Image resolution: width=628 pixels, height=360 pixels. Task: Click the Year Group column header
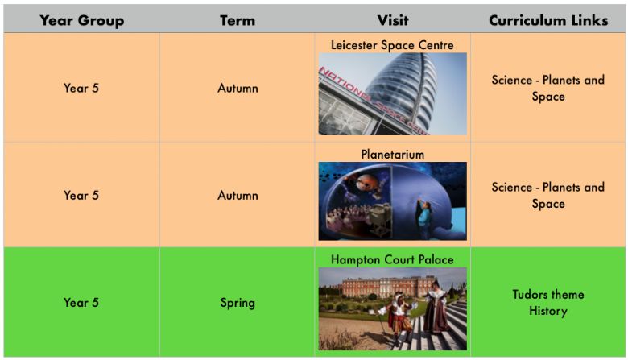tap(81, 20)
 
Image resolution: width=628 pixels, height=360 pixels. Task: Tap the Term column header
tap(238, 20)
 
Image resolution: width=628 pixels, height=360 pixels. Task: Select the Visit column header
tap(393, 20)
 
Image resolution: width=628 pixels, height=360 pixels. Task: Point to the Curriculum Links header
tap(548, 20)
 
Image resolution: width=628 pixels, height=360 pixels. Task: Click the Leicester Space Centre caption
tap(392, 45)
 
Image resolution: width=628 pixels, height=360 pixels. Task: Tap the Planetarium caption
tap(393, 154)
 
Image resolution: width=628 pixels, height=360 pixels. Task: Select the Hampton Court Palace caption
tap(392, 259)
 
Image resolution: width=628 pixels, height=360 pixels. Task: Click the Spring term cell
tap(238, 303)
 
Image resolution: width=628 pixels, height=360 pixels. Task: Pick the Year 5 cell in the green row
tap(81, 302)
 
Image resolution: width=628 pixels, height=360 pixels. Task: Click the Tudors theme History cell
tap(548, 303)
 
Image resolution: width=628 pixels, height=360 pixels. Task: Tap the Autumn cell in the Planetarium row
tap(238, 196)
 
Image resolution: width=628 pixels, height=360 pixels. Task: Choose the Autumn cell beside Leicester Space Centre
tap(238, 88)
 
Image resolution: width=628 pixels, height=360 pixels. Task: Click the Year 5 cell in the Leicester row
tap(81, 88)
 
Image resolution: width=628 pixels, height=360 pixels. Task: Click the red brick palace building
tap(382, 287)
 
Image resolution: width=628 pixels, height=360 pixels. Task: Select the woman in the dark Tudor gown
tap(436, 308)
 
